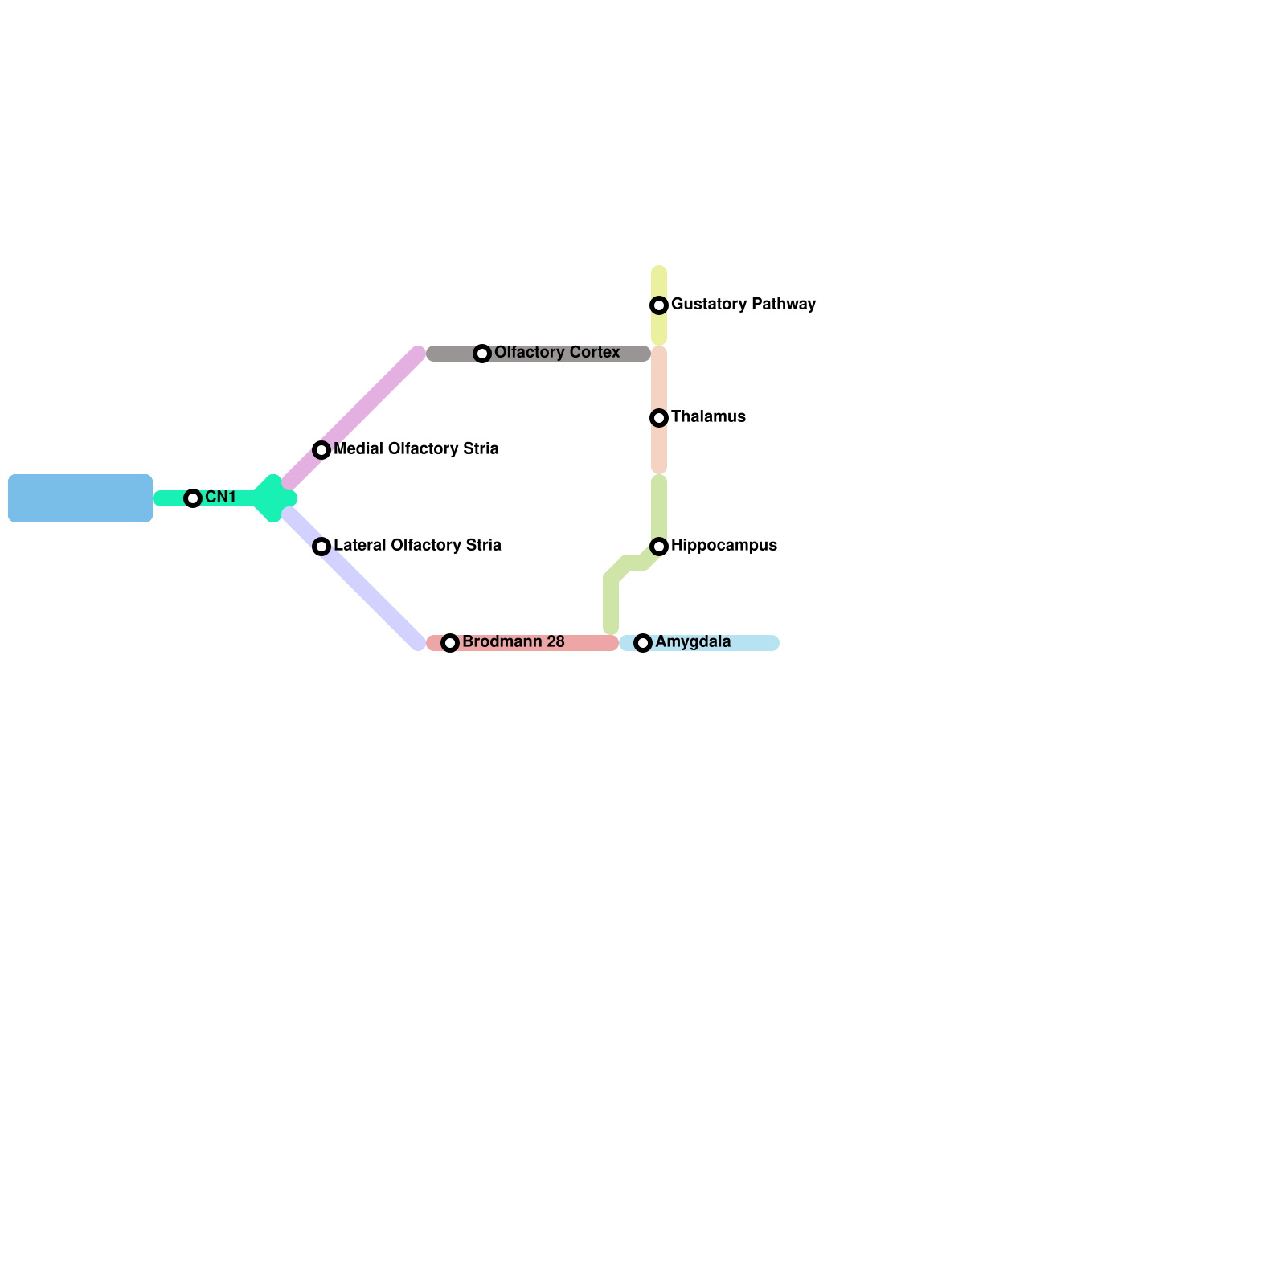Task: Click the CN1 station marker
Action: tap(193, 498)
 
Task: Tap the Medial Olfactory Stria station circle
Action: tap(321, 450)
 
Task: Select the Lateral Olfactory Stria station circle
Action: tap(321, 547)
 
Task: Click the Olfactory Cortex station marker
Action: tap(482, 354)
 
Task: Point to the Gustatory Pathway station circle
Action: tap(659, 305)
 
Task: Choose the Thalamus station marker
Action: tap(659, 418)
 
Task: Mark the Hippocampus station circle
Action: tap(659, 547)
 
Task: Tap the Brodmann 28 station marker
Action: tap(450, 643)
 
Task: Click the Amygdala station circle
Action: tap(643, 643)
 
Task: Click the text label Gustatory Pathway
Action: tap(743, 305)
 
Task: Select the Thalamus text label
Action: tap(708, 417)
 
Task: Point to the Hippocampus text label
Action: tap(724, 546)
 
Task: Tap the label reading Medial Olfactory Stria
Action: tap(416, 449)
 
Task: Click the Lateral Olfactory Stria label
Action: tap(417, 546)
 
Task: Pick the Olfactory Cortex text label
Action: tap(557, 353)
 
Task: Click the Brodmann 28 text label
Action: tap(514, 642)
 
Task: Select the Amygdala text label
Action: tap(693, 642)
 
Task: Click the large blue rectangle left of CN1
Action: tap(80, 498)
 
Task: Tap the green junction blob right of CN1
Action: tap(274, 498)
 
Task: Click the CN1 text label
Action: tap(220, 498)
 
